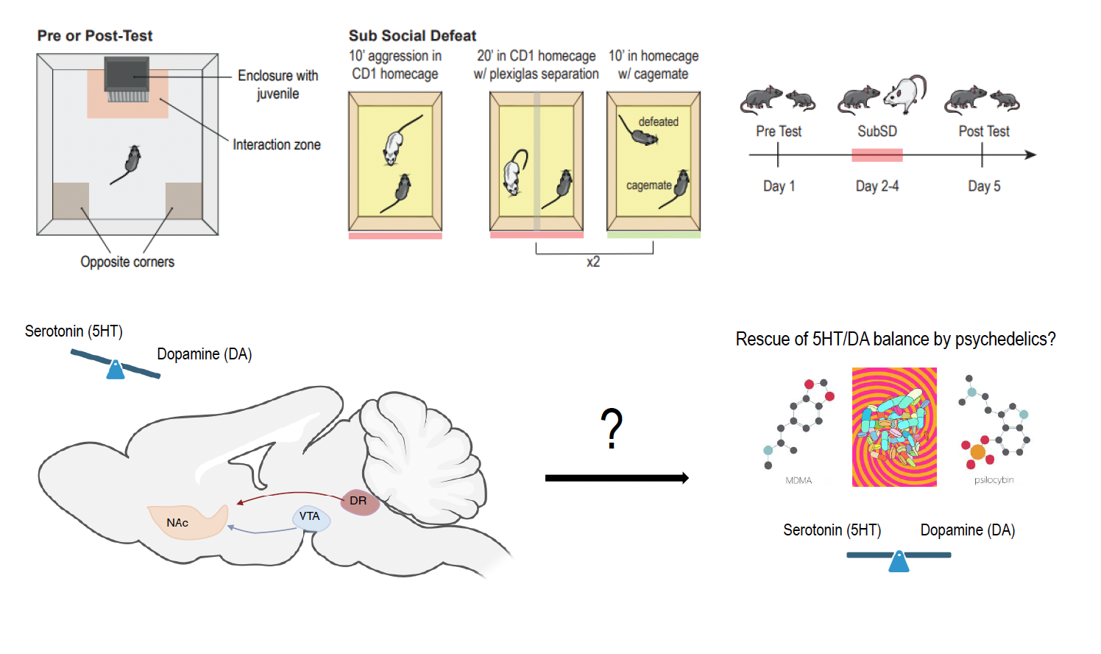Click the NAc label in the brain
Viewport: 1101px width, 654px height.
pos(177,523)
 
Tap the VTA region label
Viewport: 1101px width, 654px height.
pos(310,516)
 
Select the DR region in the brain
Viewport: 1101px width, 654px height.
pos(358,501)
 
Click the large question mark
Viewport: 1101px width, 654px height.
pos(612,429)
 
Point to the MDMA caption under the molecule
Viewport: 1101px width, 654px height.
pos(799,481)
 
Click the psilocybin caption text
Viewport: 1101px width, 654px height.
pos(994,480)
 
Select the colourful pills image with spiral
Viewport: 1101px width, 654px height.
pos(894,427)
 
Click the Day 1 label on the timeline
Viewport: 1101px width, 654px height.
pos(779,186)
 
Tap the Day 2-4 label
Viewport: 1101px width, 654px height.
pos(877,186)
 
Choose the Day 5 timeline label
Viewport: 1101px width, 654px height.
pos(984,186)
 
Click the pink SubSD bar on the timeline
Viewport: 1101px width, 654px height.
pos(877,155)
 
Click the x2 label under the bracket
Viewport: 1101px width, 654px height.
pos(593,262)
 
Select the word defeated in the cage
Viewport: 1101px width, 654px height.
pos(658,122)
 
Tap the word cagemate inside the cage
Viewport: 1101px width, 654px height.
pos(648,186)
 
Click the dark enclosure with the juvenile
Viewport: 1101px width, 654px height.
pos(127,76)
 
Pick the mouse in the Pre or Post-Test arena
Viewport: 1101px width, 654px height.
pos(130,161)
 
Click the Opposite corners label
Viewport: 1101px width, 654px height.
pos(127,262)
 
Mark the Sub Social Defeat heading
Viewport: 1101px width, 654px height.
pos(412,35)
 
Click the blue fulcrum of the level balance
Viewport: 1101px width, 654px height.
pos(899,562)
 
